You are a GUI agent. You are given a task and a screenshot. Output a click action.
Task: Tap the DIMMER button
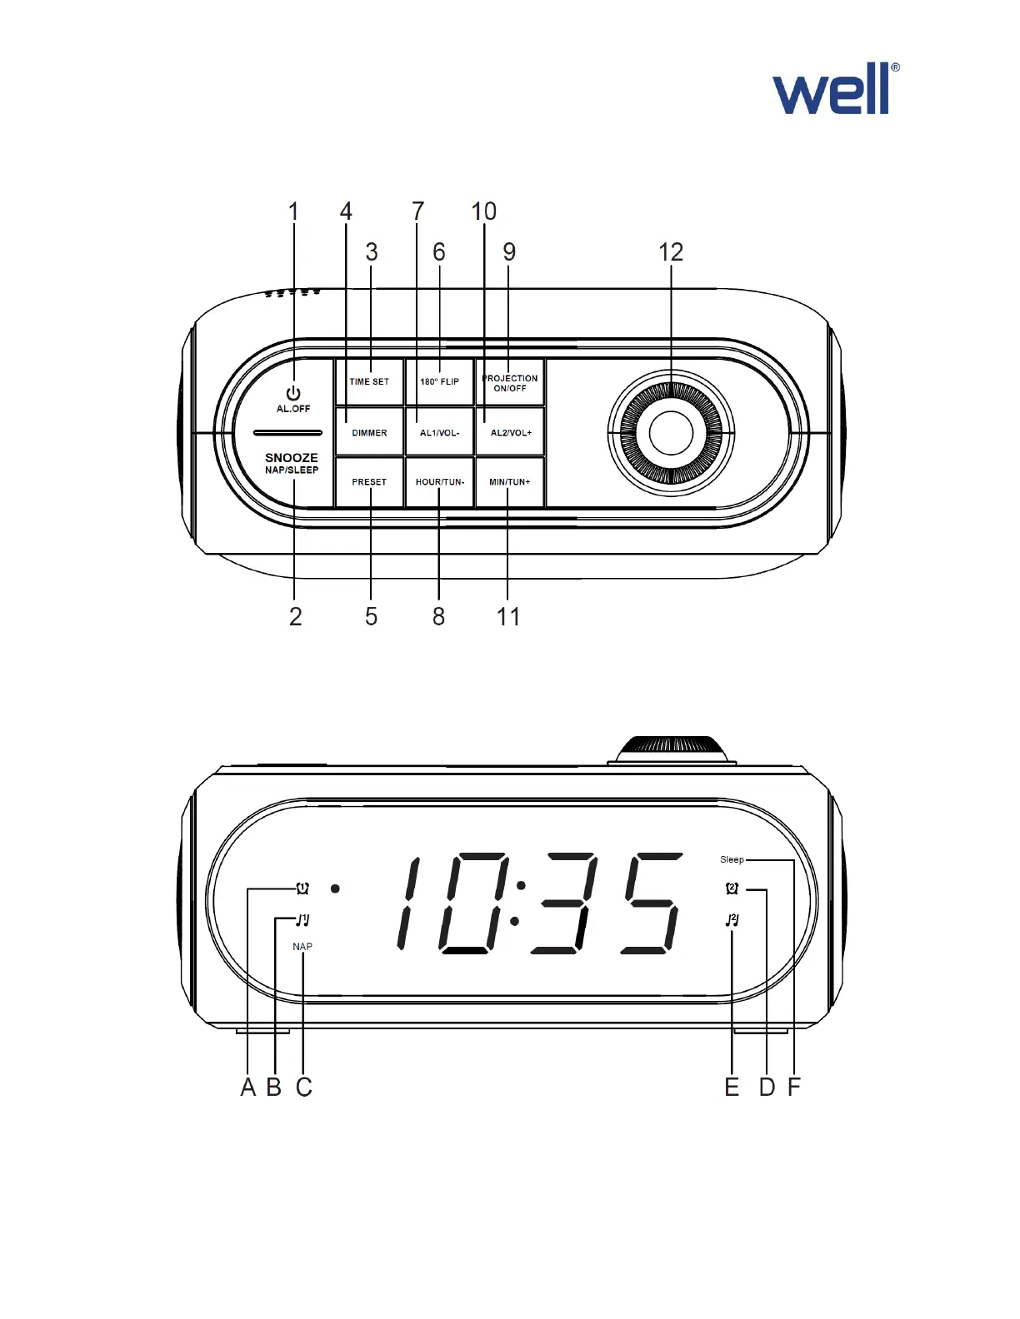[369, 432]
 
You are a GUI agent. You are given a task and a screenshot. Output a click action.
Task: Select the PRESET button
[369, 481]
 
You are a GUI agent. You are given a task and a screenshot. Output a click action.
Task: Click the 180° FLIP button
[439, 381]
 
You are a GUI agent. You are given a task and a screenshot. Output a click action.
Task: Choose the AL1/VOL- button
[439, 432]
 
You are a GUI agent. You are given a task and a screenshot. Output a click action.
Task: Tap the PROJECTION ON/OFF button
[510, 382]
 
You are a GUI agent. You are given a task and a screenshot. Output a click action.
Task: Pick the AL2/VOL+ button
[510, 432]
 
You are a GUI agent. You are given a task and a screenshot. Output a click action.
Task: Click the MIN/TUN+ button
[509, 481]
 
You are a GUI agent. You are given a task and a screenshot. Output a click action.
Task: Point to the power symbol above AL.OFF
[293, 393]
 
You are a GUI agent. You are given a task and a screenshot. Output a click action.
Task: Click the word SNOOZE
[292, 457]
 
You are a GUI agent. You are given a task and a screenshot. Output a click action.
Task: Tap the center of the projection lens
[671, 433]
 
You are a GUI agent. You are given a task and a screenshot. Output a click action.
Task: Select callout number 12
[671, 252]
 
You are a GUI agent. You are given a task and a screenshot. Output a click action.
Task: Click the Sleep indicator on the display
[732, 859]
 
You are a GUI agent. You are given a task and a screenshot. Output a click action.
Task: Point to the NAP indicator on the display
[302, 947]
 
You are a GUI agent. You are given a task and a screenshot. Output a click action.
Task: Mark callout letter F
[794, 1088]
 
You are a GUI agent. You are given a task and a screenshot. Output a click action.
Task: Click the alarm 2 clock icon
[732, 888]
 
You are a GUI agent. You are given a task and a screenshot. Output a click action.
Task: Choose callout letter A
[247, 1088]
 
